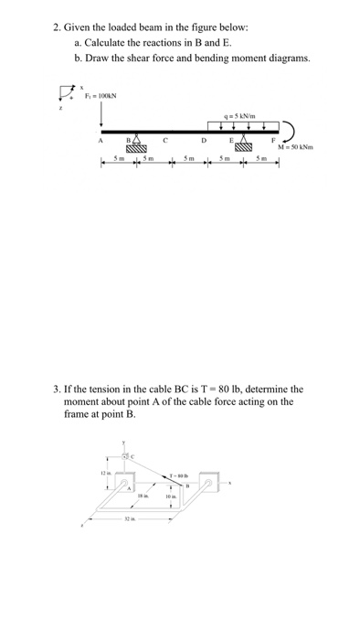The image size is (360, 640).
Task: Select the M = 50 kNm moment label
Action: [291, 149]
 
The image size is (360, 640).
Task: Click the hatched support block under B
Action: [137, 147]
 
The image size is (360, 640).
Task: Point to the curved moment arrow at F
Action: [287, 133]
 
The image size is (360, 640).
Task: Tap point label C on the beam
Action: [164, 142]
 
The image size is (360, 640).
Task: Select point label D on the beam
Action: [204, 142]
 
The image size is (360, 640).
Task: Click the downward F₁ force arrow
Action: [101, 114]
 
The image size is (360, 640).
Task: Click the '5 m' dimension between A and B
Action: [118, 162]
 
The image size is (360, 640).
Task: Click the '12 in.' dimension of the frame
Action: [105, 473]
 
